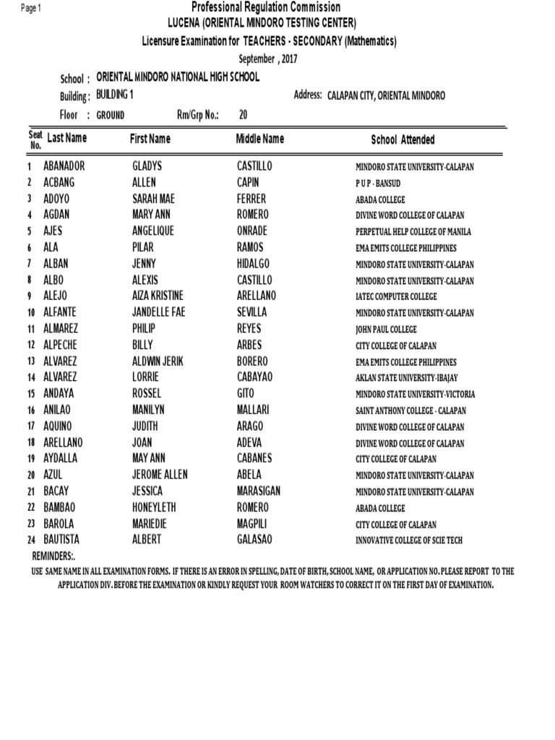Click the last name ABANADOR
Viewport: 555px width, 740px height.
point(64,166)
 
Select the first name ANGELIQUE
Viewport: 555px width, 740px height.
point(153,231)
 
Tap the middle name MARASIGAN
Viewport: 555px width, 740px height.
point(259,491)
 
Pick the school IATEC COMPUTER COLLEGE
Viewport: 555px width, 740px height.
point(396,296)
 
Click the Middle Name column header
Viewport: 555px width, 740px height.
point(260,139)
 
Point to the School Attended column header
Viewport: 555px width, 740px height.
point(403,139)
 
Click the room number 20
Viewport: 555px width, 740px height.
point(243,114)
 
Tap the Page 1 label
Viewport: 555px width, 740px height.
point(32,8)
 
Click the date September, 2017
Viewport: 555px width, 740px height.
point(267,59)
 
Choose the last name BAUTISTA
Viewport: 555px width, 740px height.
point(61,540)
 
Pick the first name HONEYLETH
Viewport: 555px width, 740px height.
point(154,507)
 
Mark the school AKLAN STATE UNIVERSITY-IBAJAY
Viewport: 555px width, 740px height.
point(405,378)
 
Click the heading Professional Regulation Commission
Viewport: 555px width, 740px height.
point(266,7)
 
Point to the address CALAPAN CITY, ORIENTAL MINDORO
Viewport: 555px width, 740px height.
point(387,96)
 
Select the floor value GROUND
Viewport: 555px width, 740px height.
point(111,115)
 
